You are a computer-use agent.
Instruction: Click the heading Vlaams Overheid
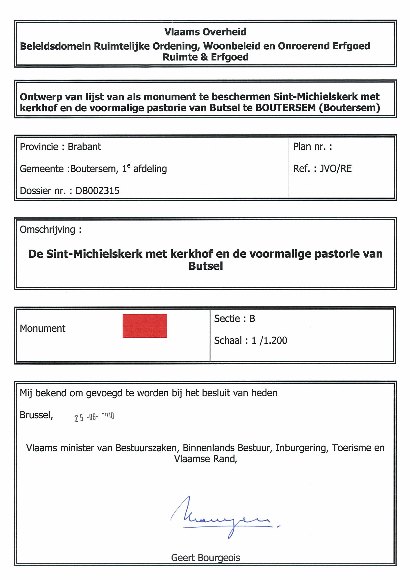click(x=205, y=32)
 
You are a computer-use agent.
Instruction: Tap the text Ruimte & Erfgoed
click(x=205, y=57)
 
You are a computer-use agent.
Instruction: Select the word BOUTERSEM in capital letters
click(x=286, y=108)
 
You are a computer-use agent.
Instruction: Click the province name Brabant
click(x=84, y=147)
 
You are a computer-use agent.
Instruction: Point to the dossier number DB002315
click(x=97, y=191)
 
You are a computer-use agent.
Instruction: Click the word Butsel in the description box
click(x=205, y=266)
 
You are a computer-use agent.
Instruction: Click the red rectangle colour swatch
click(x=145, y=326)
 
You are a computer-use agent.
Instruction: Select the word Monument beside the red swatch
click(x=43, y=328)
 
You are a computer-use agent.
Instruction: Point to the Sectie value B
click(x=252, y=319)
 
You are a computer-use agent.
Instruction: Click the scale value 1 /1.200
click(x=269, y=341)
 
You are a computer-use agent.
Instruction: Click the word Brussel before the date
click(x=36, y=415)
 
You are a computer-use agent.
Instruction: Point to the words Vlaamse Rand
click(x=205, y=459)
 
